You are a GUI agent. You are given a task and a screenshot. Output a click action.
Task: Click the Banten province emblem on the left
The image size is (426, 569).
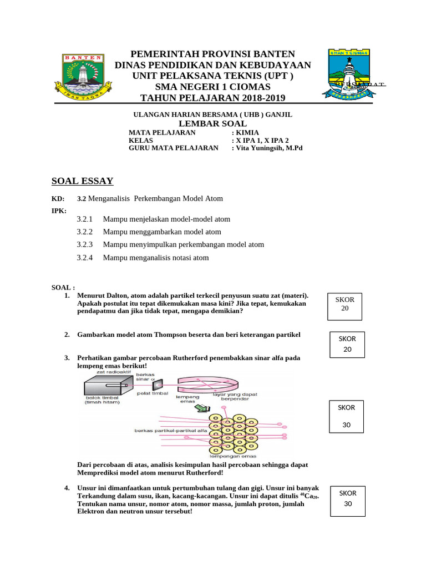click(x=79, y=76)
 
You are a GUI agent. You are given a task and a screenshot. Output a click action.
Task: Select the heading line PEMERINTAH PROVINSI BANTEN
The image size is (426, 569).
click(x=212, y=54)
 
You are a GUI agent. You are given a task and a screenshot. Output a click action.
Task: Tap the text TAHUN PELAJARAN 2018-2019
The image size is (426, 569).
click(x=212, y=98)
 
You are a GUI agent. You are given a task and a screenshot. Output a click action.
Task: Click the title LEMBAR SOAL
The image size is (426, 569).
click(x=212, y=123)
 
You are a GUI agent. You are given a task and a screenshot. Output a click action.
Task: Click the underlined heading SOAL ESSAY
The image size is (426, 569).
click(x=82, y=181)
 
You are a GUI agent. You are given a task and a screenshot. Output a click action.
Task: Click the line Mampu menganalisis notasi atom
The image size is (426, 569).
click(x=156, y=258)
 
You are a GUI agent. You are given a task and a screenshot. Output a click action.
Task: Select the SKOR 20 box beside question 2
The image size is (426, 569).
click(x=348, y=344)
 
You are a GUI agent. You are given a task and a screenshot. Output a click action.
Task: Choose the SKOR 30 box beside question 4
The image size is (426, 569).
click(x=348, y=498)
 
